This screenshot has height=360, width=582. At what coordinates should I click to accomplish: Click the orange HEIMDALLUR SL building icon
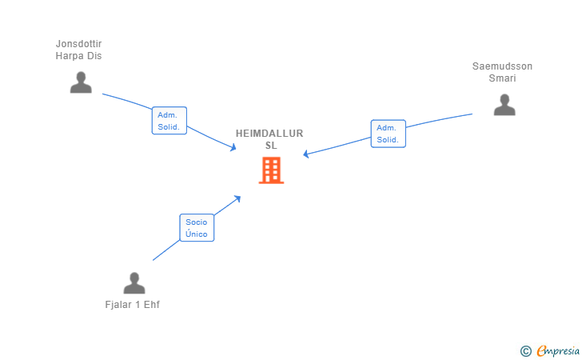271,170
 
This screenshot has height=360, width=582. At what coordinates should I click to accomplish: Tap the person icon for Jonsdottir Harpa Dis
81,82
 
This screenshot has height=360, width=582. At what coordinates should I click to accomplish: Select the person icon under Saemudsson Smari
504,105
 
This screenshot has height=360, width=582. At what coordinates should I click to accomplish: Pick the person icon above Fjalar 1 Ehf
134,283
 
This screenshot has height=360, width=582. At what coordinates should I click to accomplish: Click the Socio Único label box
197,228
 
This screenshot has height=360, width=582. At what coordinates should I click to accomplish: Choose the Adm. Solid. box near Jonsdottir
169,121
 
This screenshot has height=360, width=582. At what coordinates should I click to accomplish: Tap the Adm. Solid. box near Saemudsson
388,134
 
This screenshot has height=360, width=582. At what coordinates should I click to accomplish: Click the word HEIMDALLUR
269,134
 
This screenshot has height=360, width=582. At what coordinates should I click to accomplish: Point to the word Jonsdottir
78,44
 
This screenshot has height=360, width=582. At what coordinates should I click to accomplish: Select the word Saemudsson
502,66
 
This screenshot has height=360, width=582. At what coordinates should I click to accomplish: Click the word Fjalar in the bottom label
118,305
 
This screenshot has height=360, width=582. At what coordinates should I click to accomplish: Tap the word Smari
502,78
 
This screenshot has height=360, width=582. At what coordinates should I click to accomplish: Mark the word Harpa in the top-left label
70,56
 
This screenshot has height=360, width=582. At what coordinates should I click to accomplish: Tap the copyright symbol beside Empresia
525,350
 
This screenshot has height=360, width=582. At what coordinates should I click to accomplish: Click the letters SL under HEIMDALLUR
271,146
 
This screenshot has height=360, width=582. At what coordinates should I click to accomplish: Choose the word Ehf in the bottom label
152,305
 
